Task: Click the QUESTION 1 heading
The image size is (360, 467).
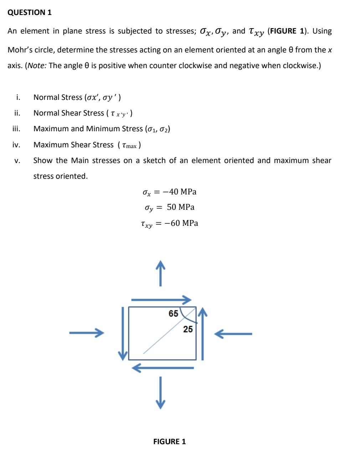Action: (x=30, y=12)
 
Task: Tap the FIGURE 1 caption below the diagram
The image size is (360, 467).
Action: (x=169, y=442)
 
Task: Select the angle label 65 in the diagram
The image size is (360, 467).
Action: (x=173, y=314)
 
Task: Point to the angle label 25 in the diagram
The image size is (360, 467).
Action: (x=188, y=329)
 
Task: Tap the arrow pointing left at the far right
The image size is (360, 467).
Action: (x=233, y=334)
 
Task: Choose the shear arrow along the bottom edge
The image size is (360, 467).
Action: (x=163, y=368)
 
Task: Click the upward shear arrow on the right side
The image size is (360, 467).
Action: (x=202, y=334)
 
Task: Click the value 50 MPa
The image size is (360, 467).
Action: (x=181, y=207)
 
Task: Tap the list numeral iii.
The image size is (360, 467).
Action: (x=16, y=129)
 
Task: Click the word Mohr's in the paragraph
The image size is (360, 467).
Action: (x=20, y=50)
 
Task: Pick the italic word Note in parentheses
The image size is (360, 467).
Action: (x=36, y=66)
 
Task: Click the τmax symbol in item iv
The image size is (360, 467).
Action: (x=129, y=145)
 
